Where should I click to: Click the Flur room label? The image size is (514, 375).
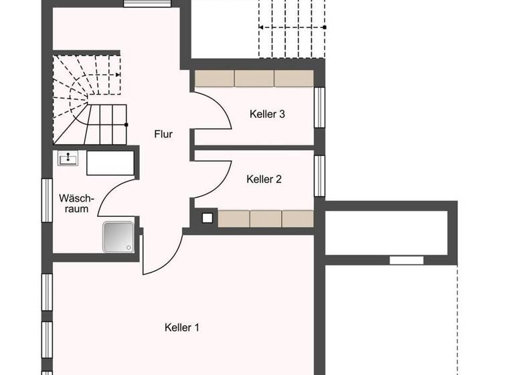(163, 134)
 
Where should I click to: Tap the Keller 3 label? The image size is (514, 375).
(267, 114)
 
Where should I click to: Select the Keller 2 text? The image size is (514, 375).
(264, 179)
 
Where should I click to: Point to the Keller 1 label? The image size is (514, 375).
(182, 327)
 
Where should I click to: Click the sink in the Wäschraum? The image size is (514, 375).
(68, 158)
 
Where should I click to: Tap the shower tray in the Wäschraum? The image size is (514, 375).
(118, 236)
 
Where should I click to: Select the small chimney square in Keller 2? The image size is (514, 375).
(207, 218)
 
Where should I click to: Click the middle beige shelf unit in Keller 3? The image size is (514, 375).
(254, 78)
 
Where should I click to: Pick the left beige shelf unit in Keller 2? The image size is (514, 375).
(234, 219)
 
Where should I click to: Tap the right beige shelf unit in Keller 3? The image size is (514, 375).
(294, 78)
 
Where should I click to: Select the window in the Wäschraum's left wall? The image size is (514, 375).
(48, 199)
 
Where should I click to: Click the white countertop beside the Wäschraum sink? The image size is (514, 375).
(110, 163)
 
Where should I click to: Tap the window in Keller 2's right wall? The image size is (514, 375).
(319, 175)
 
